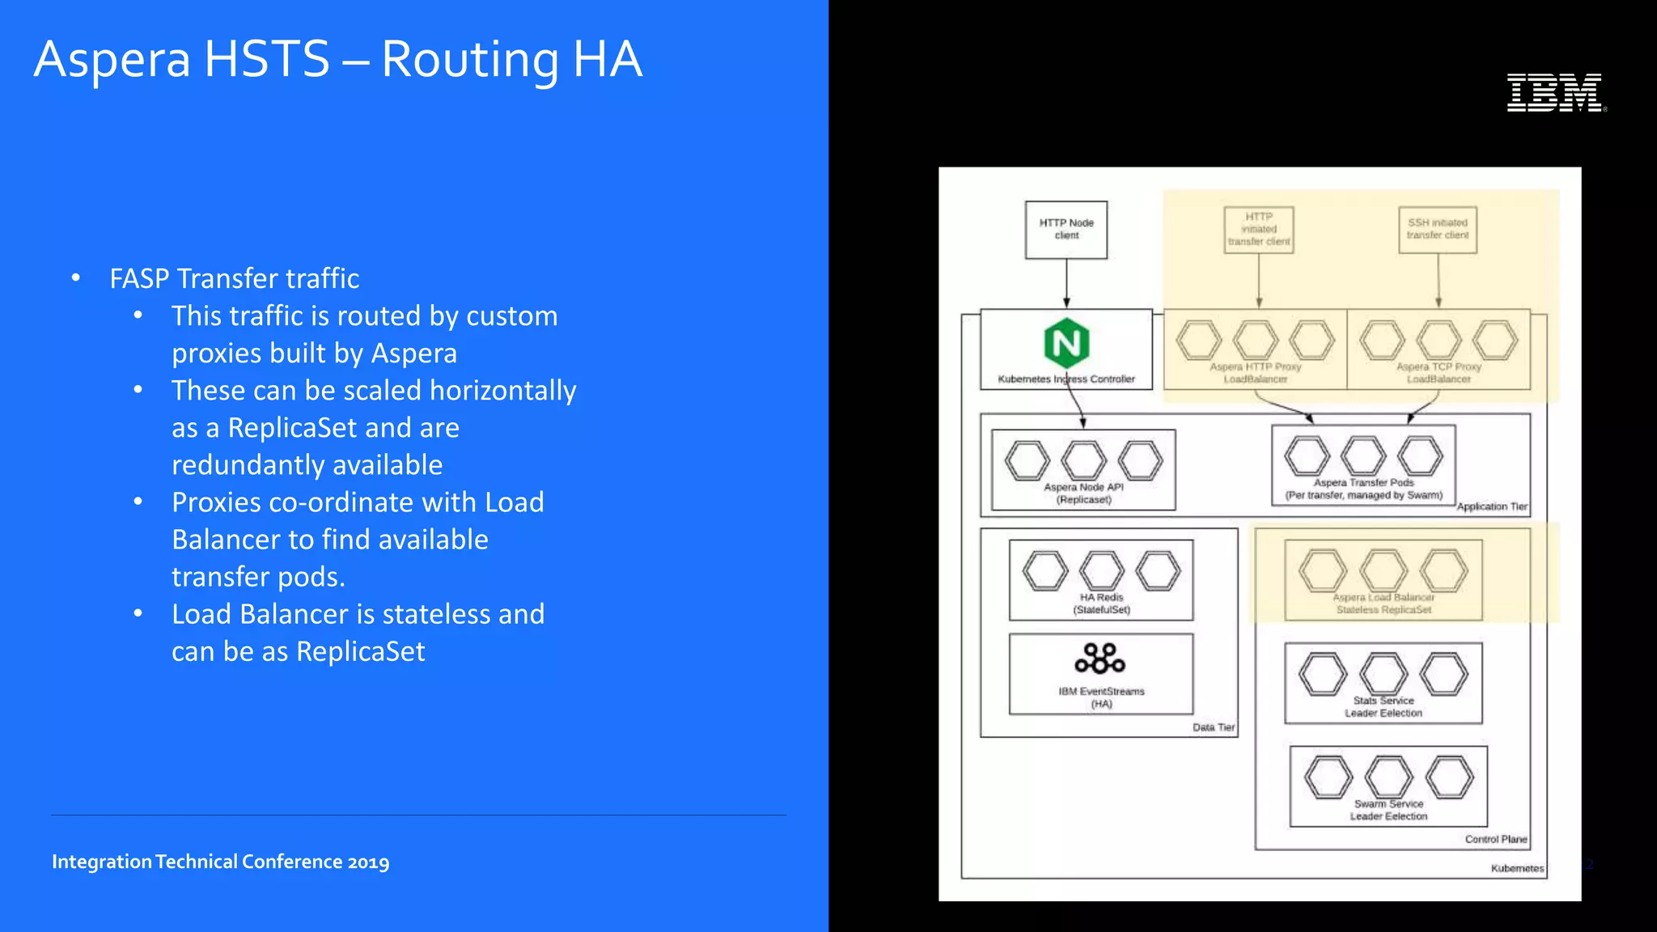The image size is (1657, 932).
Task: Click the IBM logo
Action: (x=1556, y=92)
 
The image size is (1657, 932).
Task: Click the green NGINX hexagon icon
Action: (x=1066, y=343)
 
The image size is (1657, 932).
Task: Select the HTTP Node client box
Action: (x=1066, y=230)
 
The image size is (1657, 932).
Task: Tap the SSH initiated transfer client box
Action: (x=1437, y=230)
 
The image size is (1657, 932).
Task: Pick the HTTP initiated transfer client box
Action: (x=1258, y=230)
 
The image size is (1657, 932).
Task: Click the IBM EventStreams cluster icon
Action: (x=1100, y=659)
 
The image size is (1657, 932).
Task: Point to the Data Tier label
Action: (x=1213, y=727)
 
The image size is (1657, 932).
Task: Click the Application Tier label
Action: (x=1491, y=506)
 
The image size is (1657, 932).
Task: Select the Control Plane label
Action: (x=1495, y=839)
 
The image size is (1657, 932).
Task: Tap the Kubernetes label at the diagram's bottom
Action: (x=1517, y=868)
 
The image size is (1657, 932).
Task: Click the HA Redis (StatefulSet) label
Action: (x=1101, y=604)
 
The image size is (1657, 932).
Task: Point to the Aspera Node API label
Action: (x=1083, y=493)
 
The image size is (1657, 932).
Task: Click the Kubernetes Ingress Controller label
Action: (x=1066, y=379)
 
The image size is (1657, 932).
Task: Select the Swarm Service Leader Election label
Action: (x=1388, y=810)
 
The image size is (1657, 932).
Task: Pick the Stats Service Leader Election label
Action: (x=1384, y=707)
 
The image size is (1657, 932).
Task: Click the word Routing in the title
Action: (x=469, y=60)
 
